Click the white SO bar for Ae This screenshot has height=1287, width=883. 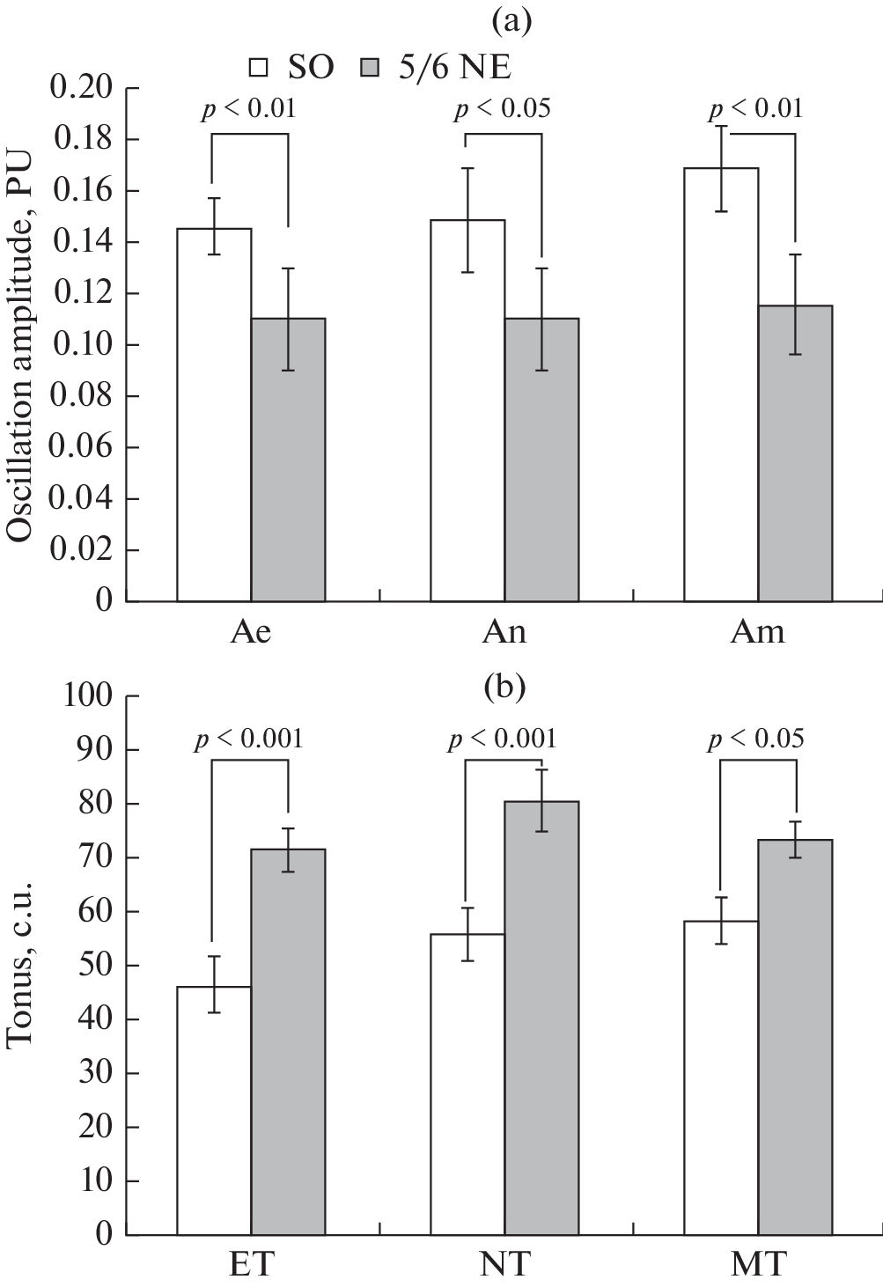[214, 414]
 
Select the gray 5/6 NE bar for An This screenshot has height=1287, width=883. [541, 458]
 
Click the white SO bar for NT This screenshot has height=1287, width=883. [467, 1083]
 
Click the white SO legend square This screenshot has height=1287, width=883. [259, 68]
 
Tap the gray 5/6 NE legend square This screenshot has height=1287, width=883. [372, 68]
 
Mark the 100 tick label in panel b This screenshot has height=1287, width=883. [88, 696]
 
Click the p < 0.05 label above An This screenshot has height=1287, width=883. [502, 109]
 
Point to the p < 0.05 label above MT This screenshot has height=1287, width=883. [756, 739]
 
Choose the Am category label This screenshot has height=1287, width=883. [757, 632]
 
